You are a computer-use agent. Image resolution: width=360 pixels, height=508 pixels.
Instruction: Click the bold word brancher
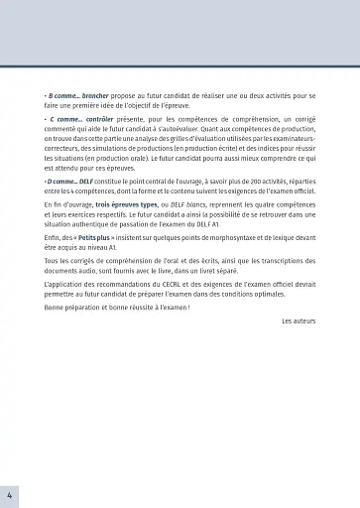point(95,95)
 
